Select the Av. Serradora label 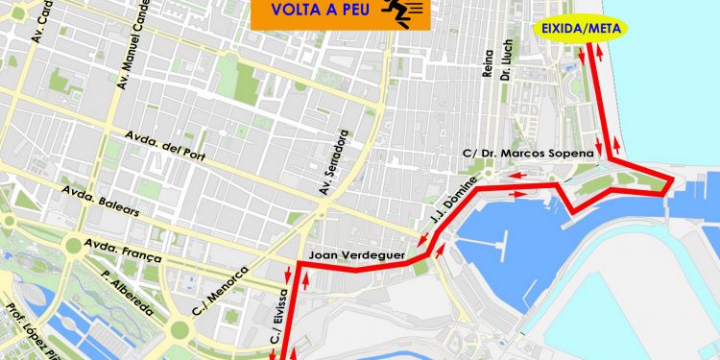coord(338,163)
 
